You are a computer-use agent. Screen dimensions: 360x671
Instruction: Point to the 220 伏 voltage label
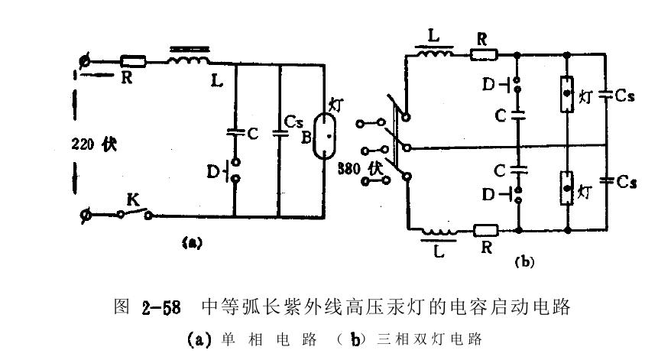coord(94,144)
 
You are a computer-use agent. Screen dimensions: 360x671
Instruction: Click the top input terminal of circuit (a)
coord(86,60)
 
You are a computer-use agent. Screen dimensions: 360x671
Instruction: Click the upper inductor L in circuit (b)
coord(434,54)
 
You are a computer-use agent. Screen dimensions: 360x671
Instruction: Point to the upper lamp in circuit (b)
coord(566,95)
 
